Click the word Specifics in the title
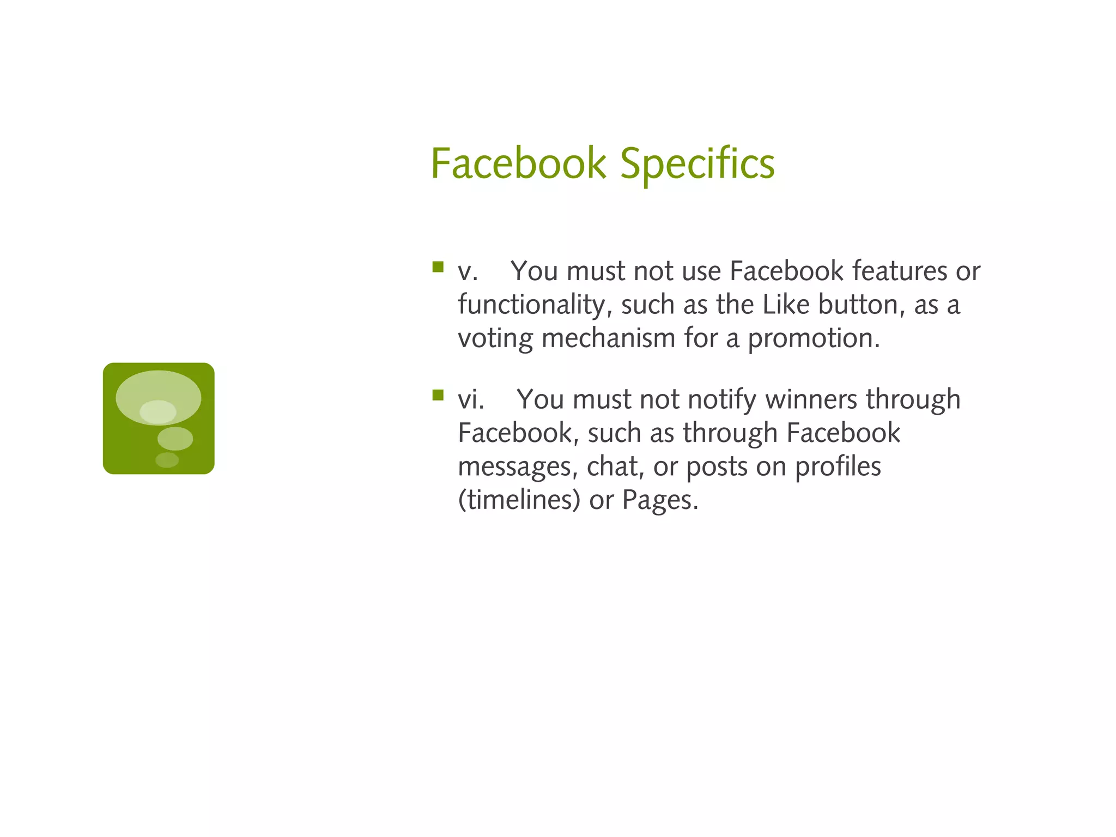tap(697, 163)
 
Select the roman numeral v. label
tap(468, 271)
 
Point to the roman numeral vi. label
tap(471, 399)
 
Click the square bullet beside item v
tap(438, 266)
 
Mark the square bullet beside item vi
tap(438, 395)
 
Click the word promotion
tap(813, 339)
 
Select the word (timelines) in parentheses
tap(519, 500)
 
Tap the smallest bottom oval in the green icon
tap(167, 460)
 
